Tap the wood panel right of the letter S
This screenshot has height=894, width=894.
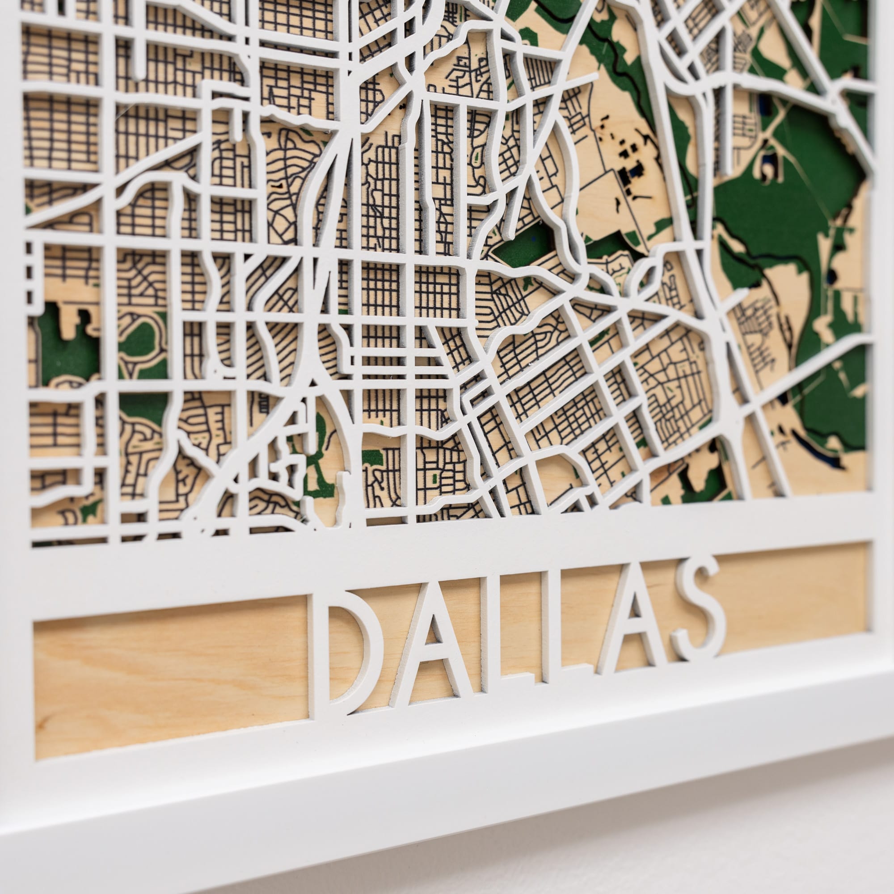click(796, 597)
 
